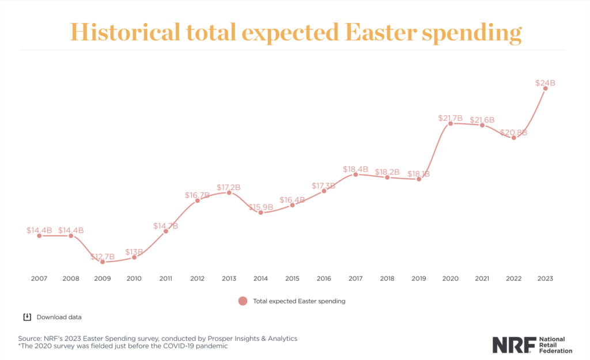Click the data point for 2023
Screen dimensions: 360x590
pos(545,88)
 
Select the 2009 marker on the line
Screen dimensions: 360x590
pos(103,262)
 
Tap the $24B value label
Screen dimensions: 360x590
pos(544,83)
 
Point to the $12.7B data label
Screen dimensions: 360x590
pos(103,256)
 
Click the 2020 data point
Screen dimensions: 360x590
pos(450,123)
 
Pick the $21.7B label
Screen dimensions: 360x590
pos(450,118)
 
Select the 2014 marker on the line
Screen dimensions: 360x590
pos(260,213)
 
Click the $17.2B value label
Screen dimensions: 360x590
pos(229,187)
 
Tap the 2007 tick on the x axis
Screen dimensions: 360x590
pos(39,278)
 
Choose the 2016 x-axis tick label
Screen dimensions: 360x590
pos(324,278)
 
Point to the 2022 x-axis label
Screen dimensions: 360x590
pos(513,278)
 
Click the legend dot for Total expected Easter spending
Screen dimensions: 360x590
pos(243,301)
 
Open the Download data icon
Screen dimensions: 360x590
pos(27,317)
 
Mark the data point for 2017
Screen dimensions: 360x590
pos(355,174)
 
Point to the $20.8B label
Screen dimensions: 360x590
pos(513,132)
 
